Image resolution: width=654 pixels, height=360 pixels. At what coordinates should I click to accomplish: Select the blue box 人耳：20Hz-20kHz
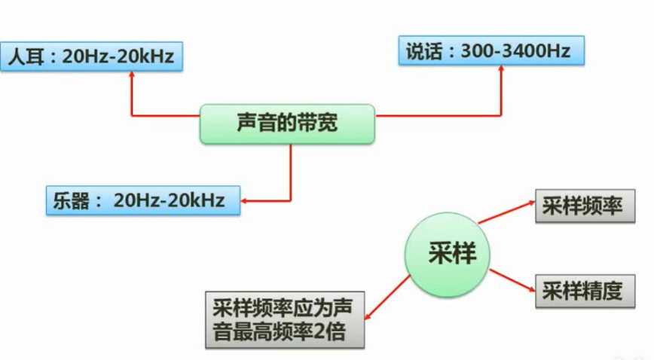pos(91,57)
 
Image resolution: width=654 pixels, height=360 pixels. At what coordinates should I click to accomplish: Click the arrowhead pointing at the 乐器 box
pos(246,200)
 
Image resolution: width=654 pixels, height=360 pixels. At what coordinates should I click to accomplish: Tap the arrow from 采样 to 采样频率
pos(506,212)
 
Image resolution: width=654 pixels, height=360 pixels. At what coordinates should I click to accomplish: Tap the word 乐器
pos(68,200)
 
